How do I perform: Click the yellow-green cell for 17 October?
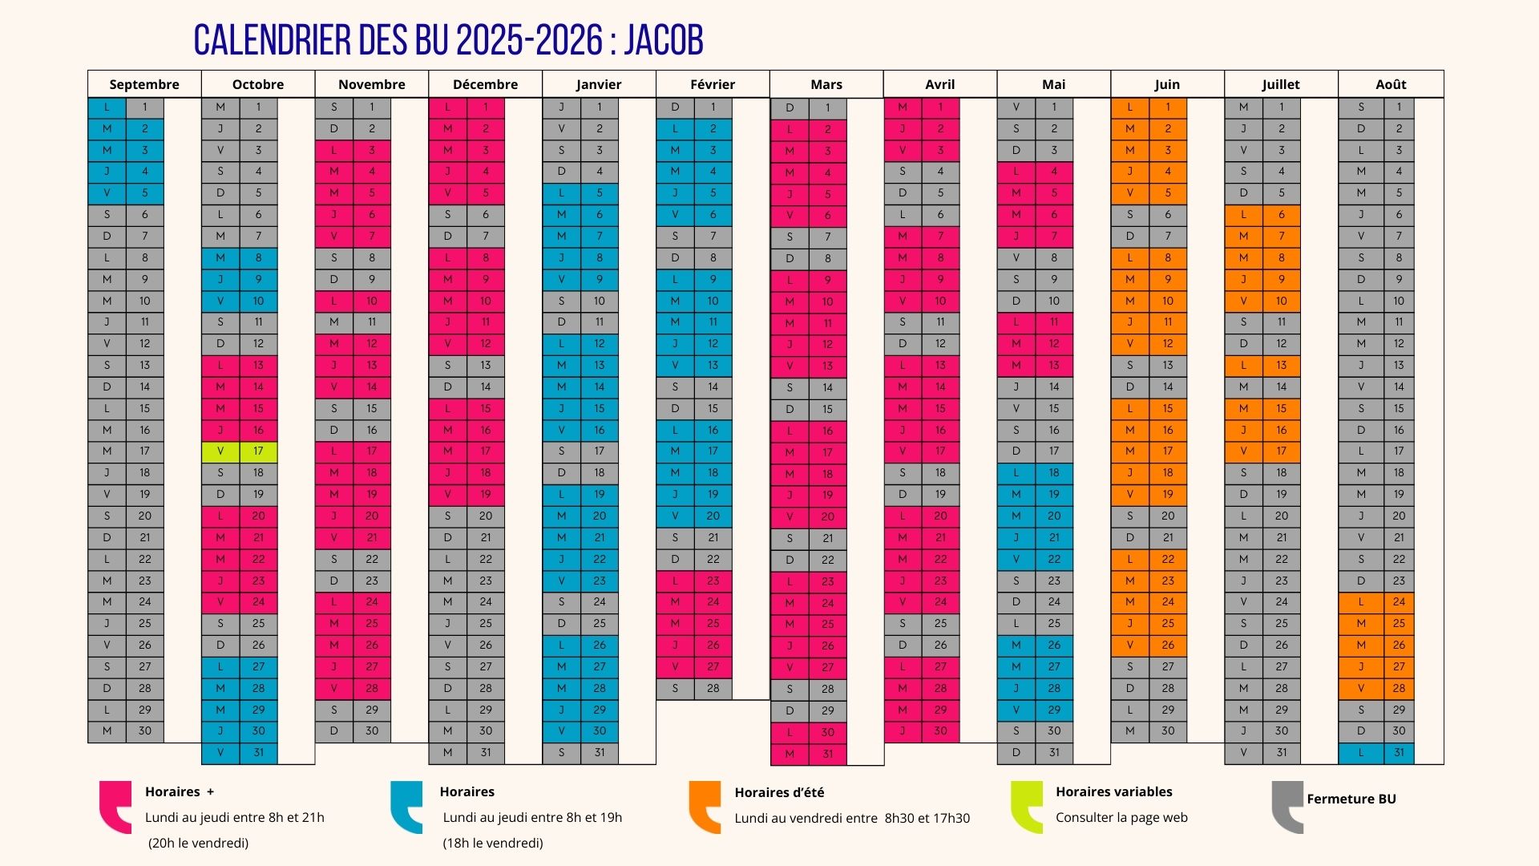pos(257,451)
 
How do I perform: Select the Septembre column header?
pos(144,84)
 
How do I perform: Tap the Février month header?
pos(713,84)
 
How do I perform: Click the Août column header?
pos(1391,84)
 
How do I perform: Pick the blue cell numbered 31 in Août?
pos(1399,753)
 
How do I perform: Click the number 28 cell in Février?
pos(713,689)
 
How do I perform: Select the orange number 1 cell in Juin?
pos(1168,107)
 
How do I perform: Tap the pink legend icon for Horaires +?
pos(115,807)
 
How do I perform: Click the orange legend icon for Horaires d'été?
pos(705,807)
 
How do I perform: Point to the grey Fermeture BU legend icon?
pos(1287,807)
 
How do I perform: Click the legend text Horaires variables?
pos(1113,791)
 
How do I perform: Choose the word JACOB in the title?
pos(664,40)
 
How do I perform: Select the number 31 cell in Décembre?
pos(486,753)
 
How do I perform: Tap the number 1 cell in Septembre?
pos(145,107)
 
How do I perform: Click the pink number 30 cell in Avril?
pos(940,731)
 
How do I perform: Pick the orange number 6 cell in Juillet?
pos(1282,215)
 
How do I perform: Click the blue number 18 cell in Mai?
pos(1054,473)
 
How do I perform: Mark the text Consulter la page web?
pos(1121,818)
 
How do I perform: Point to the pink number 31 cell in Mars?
pos(827,754)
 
